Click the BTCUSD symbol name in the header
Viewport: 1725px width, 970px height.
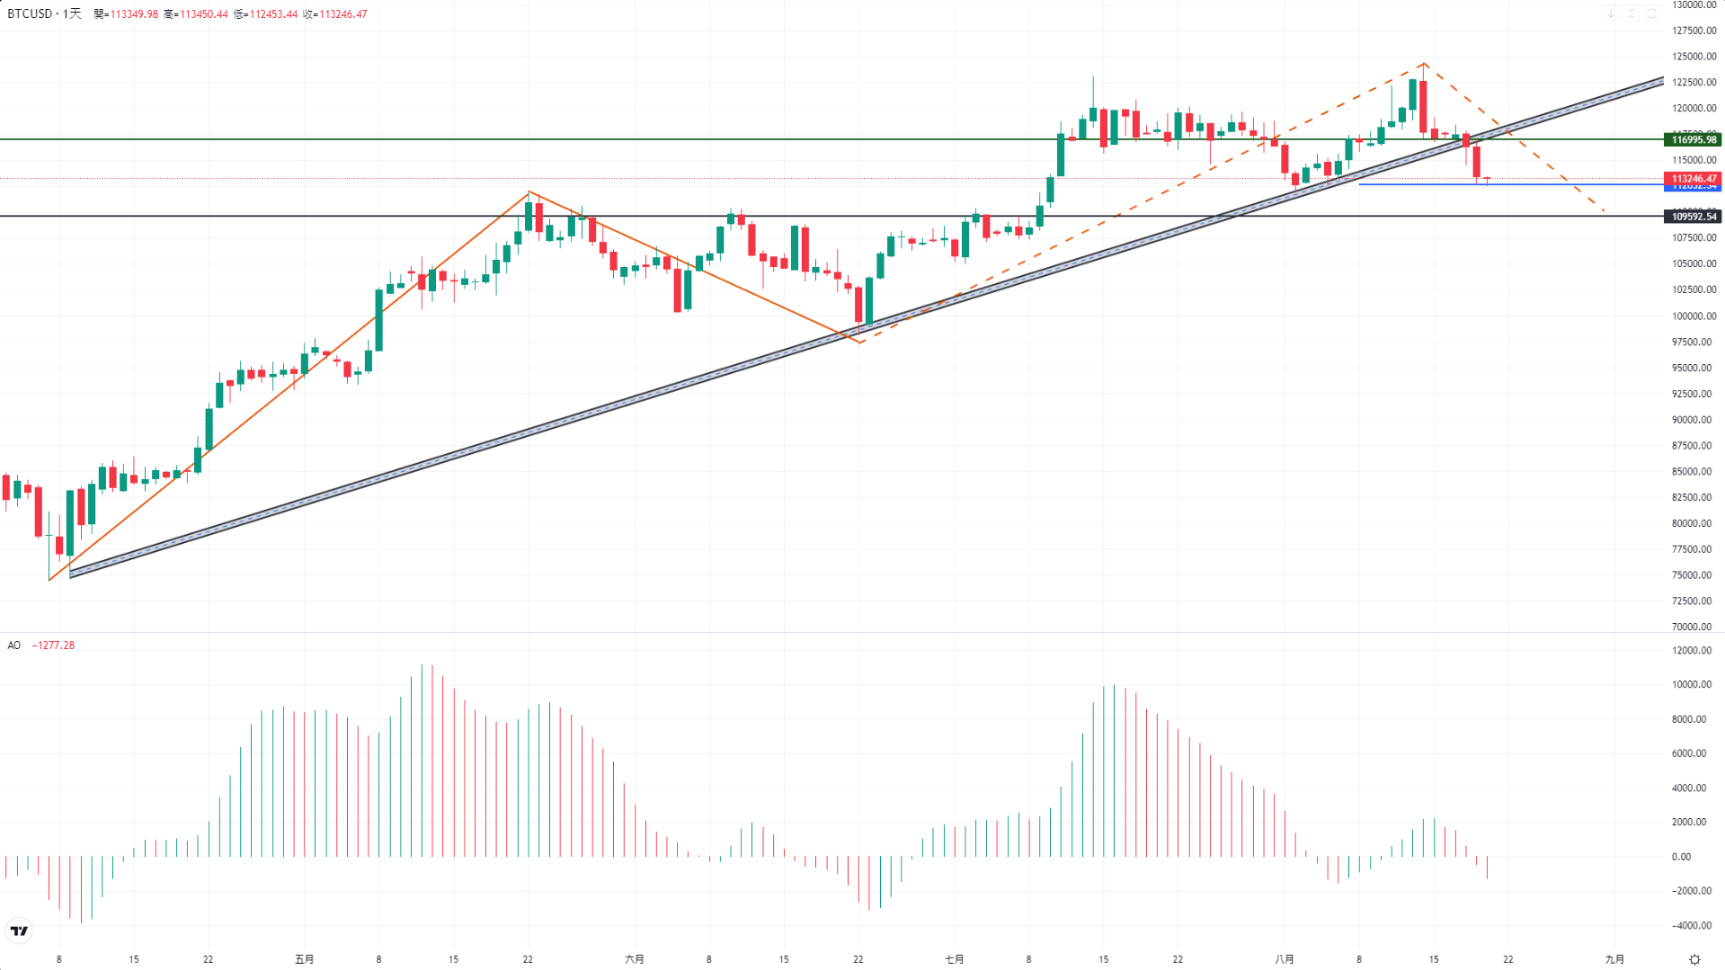tap(30, 14)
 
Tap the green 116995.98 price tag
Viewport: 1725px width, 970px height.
tap(1693, 139)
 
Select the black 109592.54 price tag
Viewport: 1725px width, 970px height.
tap(1693, 217)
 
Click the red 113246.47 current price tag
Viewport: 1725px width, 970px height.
tap(1693, 179)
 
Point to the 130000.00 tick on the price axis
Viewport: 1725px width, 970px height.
tap(1694, 5)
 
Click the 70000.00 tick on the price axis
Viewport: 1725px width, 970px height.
tap(1694, 627)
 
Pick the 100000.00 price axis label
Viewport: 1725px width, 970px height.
tap(1694, 316)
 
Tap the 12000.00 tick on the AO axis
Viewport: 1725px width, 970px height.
tap(1694, 651)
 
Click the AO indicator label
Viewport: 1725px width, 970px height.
tap(14, 645)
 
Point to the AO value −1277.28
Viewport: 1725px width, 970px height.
tap(53, 645)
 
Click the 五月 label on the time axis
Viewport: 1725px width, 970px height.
tap(305, 959)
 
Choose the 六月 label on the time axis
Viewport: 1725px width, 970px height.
tap(635, 959)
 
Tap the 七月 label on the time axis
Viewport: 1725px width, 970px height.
tap(955, 959)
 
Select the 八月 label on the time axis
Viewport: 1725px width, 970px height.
tap(1285, 959)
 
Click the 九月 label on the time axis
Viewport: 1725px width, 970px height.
tap(1614, 959)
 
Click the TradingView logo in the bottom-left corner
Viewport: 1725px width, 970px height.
tap(19, 930)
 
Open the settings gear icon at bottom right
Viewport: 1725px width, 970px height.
tap(1694, 959)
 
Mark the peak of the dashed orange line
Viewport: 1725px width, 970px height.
tap(1425, 64)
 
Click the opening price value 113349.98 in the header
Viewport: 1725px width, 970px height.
tap(134, 14)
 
